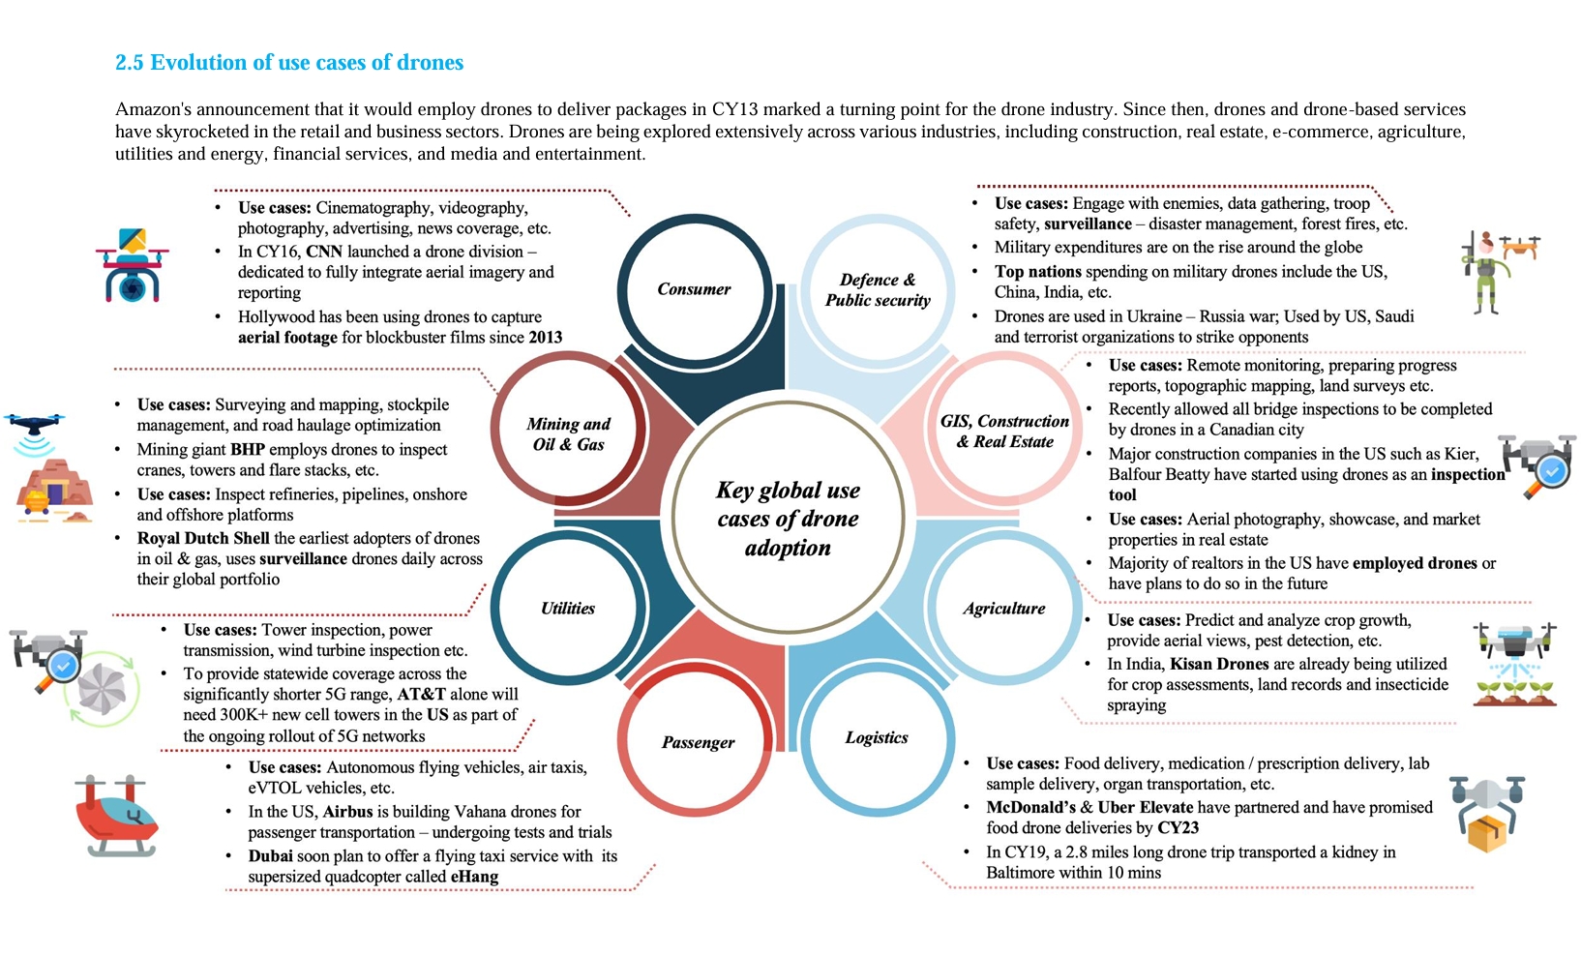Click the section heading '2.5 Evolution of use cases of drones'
click(x=289, y=63)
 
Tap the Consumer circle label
click(x=694, y=289)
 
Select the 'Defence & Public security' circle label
click(x=878, y=290)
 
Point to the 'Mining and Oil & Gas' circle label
click(x=568, y=434)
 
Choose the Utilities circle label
click(x=568, y=609)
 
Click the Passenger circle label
click(x=698, y=742)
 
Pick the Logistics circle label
click(x=877, y=737)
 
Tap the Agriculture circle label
click(x=1003, y=609)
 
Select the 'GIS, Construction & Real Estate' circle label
click(x=1004, y=432)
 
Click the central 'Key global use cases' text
click(x=788, y=519)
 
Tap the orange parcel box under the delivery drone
click(x=1487, y=833)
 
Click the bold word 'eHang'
click(x=474, y=878)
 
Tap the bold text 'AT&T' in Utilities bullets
click(x=421, y=695)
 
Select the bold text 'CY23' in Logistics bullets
click(x=1178, y=828)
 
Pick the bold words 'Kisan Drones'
click(x=1219, y=665)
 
